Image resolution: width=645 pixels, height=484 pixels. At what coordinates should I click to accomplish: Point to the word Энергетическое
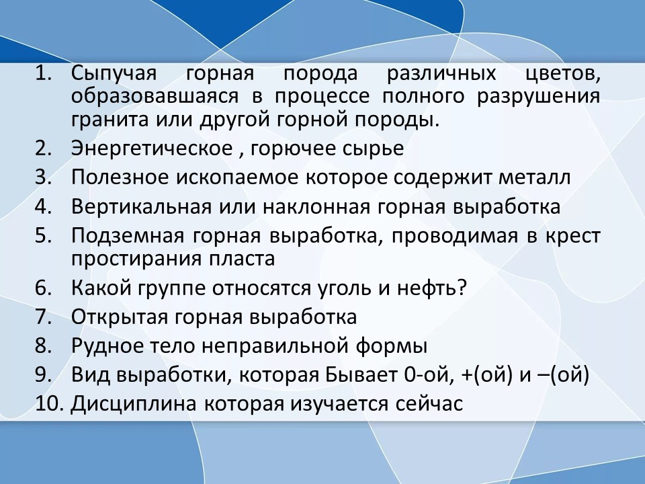152,148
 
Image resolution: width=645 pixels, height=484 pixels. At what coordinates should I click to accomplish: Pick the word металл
534,177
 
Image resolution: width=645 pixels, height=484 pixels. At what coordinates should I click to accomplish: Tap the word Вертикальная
141,206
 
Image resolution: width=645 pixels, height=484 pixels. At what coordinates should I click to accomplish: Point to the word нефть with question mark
432,288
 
